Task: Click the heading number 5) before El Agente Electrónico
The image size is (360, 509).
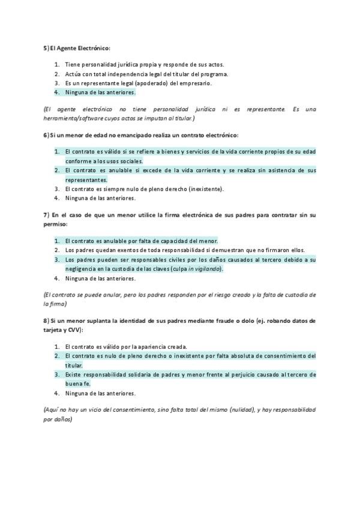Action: click(x=46, y=47)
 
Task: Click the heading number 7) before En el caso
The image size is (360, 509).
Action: click(x=46, y=214)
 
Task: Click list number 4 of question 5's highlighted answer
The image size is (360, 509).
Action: click(x=56, y=92)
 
